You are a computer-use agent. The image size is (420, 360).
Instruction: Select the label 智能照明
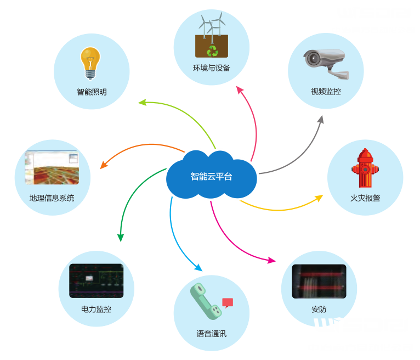click(x=92, y=92)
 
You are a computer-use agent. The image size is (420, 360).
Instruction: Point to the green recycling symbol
click(x=212, y=50)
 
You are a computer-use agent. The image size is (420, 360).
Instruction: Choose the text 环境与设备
click(x=212, y=69)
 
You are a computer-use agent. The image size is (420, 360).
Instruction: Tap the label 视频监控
click(x=326, y=92)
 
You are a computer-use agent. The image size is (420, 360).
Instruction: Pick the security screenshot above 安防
click(x=319, y=281)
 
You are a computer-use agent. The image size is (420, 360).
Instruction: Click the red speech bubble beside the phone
click(x=228, y=302)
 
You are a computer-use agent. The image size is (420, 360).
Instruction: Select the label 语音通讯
click(x=211, y=333)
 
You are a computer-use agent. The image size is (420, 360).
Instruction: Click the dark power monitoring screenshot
click(x=96, y=280)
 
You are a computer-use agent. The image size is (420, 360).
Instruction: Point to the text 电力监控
click(x=96, y=309)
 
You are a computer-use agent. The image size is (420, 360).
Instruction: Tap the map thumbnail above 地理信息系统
click(x=52, y=167)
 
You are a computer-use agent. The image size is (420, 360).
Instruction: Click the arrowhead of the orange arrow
click(x=101, y=166)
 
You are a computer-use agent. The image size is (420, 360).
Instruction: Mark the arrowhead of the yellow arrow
click(x=319, y=198)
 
